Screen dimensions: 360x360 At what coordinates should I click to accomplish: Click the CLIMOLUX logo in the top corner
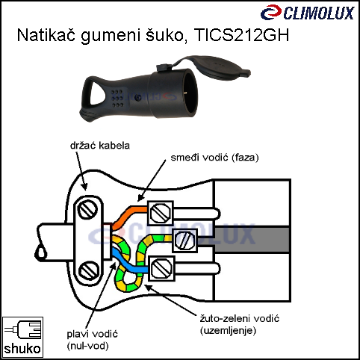coord(308,13)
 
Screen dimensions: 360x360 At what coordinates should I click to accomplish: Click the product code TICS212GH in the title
coord(241,35)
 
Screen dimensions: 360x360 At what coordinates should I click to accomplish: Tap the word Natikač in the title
coord(46,35)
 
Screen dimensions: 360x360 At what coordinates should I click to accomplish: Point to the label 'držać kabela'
coord(100,146)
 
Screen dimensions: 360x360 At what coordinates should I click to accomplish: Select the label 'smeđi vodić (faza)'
coord(214,158)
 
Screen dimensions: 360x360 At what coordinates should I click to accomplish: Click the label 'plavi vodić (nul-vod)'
coord(92,340)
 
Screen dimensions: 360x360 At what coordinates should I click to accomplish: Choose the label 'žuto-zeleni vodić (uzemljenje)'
coord(240,325)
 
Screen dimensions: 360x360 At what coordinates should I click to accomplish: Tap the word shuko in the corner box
coord(22,349)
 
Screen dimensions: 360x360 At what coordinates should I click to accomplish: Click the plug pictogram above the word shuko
coord(22,329)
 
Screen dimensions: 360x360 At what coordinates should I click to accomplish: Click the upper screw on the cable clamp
coord(87,210)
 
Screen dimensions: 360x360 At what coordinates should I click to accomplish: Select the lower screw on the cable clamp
coord(89,271)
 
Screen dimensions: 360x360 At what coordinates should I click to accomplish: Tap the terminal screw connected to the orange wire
coord(161,213)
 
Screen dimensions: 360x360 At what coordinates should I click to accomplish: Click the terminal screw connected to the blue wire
coord(161,268)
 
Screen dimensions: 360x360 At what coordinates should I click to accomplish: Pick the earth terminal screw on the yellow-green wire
coord(184,240)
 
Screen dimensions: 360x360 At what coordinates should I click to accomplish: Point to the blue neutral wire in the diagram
coord(128,263)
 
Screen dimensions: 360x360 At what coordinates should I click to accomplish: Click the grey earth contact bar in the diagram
coord(252,240)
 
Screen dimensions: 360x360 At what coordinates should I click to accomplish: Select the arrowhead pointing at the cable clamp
coord(84,186)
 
